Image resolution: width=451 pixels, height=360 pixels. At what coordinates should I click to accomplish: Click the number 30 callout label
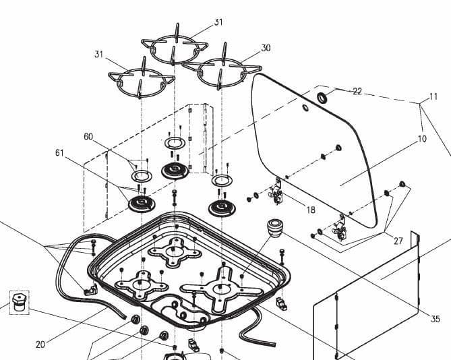(266, 48)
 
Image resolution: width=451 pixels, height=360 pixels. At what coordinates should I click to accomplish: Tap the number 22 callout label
(357, 92)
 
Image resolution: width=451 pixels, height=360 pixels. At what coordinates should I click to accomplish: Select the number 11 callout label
(423, 97)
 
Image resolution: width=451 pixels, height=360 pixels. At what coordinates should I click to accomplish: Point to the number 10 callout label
(422, 139)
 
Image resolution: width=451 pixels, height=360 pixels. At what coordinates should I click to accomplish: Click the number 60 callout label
(88, 137)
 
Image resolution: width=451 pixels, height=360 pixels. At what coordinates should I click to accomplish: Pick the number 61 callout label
(59, 153)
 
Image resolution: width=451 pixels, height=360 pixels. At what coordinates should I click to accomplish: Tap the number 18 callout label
(310, 210)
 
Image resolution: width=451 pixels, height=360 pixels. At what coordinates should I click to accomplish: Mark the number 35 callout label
(435, 319)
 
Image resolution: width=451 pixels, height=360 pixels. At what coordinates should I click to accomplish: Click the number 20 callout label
(40, 344)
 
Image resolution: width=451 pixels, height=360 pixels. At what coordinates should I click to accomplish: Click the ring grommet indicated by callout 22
(322, 98)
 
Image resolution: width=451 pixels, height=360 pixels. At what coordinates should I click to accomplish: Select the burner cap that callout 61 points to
(142, 203)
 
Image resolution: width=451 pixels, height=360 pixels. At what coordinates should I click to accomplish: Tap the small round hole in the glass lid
(305, 108)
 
